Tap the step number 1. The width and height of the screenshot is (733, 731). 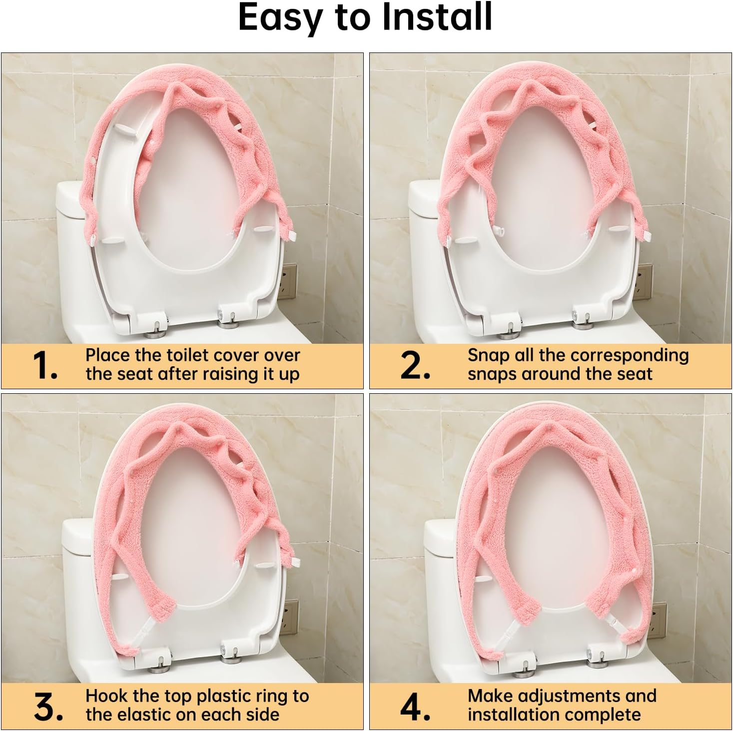[45, 366]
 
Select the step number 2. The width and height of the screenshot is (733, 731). [415, 366]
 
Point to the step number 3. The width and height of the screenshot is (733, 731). [48, 707]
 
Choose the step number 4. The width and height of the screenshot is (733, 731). [415, 707]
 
